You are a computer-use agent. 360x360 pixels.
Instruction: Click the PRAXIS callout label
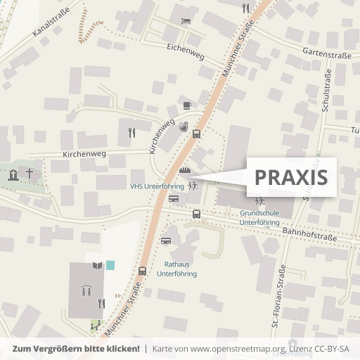point(291,177)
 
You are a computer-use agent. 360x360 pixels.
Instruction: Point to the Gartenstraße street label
point(326,52)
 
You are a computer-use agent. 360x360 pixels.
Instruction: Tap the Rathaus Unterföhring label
point(177,269)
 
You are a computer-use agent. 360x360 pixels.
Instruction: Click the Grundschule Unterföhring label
point(259,217)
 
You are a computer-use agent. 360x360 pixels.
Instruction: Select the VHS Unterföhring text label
point(157,186)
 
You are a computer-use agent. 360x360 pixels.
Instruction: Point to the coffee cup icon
point(186,105)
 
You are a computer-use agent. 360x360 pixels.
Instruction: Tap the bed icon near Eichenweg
point(186,21)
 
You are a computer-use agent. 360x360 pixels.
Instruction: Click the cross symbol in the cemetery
point(30,172)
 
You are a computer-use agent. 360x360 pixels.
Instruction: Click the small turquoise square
point(110,265)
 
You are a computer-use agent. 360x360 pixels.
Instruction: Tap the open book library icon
point(96,266)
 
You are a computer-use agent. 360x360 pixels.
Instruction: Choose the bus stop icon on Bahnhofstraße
point(196,213)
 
